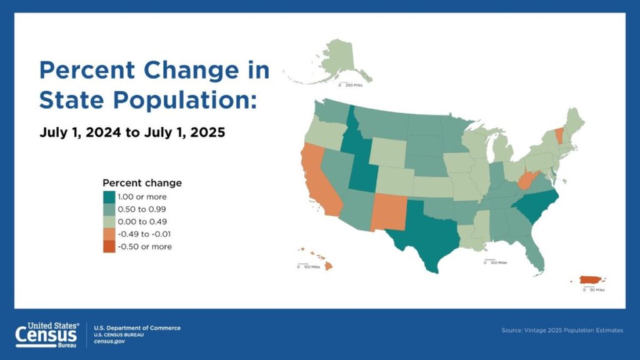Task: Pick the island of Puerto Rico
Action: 591,279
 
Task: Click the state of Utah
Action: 362,176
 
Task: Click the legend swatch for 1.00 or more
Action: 109,197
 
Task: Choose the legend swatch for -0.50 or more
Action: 109,247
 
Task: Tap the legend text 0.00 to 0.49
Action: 142,222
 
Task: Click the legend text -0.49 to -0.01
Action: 144,234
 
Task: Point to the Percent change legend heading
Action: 142,183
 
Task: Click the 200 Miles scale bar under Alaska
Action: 351,84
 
